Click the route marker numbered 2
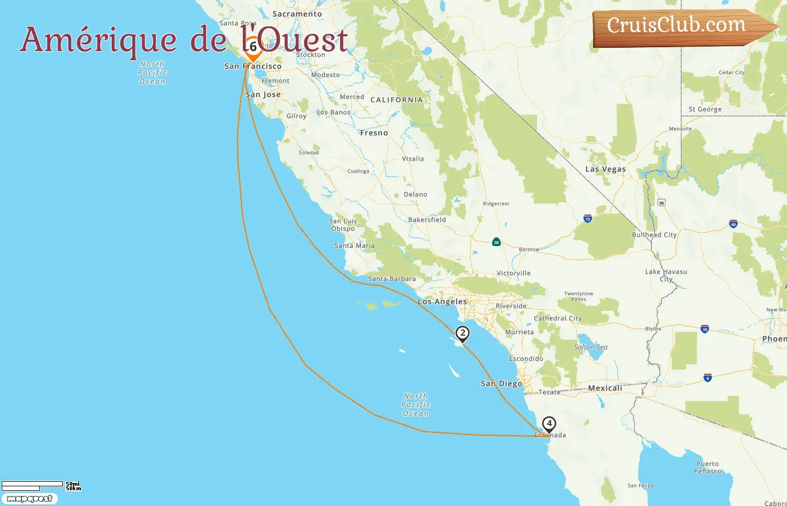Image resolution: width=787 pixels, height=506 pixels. [462, 333]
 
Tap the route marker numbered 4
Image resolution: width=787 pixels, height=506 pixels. [549, 424]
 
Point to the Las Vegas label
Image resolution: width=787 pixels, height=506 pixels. [605, 169]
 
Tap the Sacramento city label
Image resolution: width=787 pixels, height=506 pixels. [297, 14]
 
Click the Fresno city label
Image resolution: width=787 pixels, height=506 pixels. [374, 133]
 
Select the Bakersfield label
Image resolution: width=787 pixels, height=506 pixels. [427, 220]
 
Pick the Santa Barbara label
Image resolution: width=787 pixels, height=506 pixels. [392, 279]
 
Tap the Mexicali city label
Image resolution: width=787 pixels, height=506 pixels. [605, 388]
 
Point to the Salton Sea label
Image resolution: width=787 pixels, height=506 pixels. [590, 347]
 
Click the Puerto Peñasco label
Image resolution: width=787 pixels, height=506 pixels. [707, 468]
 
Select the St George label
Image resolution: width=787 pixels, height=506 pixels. [705, 110]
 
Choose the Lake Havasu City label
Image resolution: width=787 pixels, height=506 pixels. [666, 275]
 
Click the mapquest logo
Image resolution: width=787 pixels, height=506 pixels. [29, 499]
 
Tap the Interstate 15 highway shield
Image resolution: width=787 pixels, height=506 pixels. [587, 218]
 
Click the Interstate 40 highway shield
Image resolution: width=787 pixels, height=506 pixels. [733, 224]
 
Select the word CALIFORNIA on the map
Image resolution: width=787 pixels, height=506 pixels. [396, 100]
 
